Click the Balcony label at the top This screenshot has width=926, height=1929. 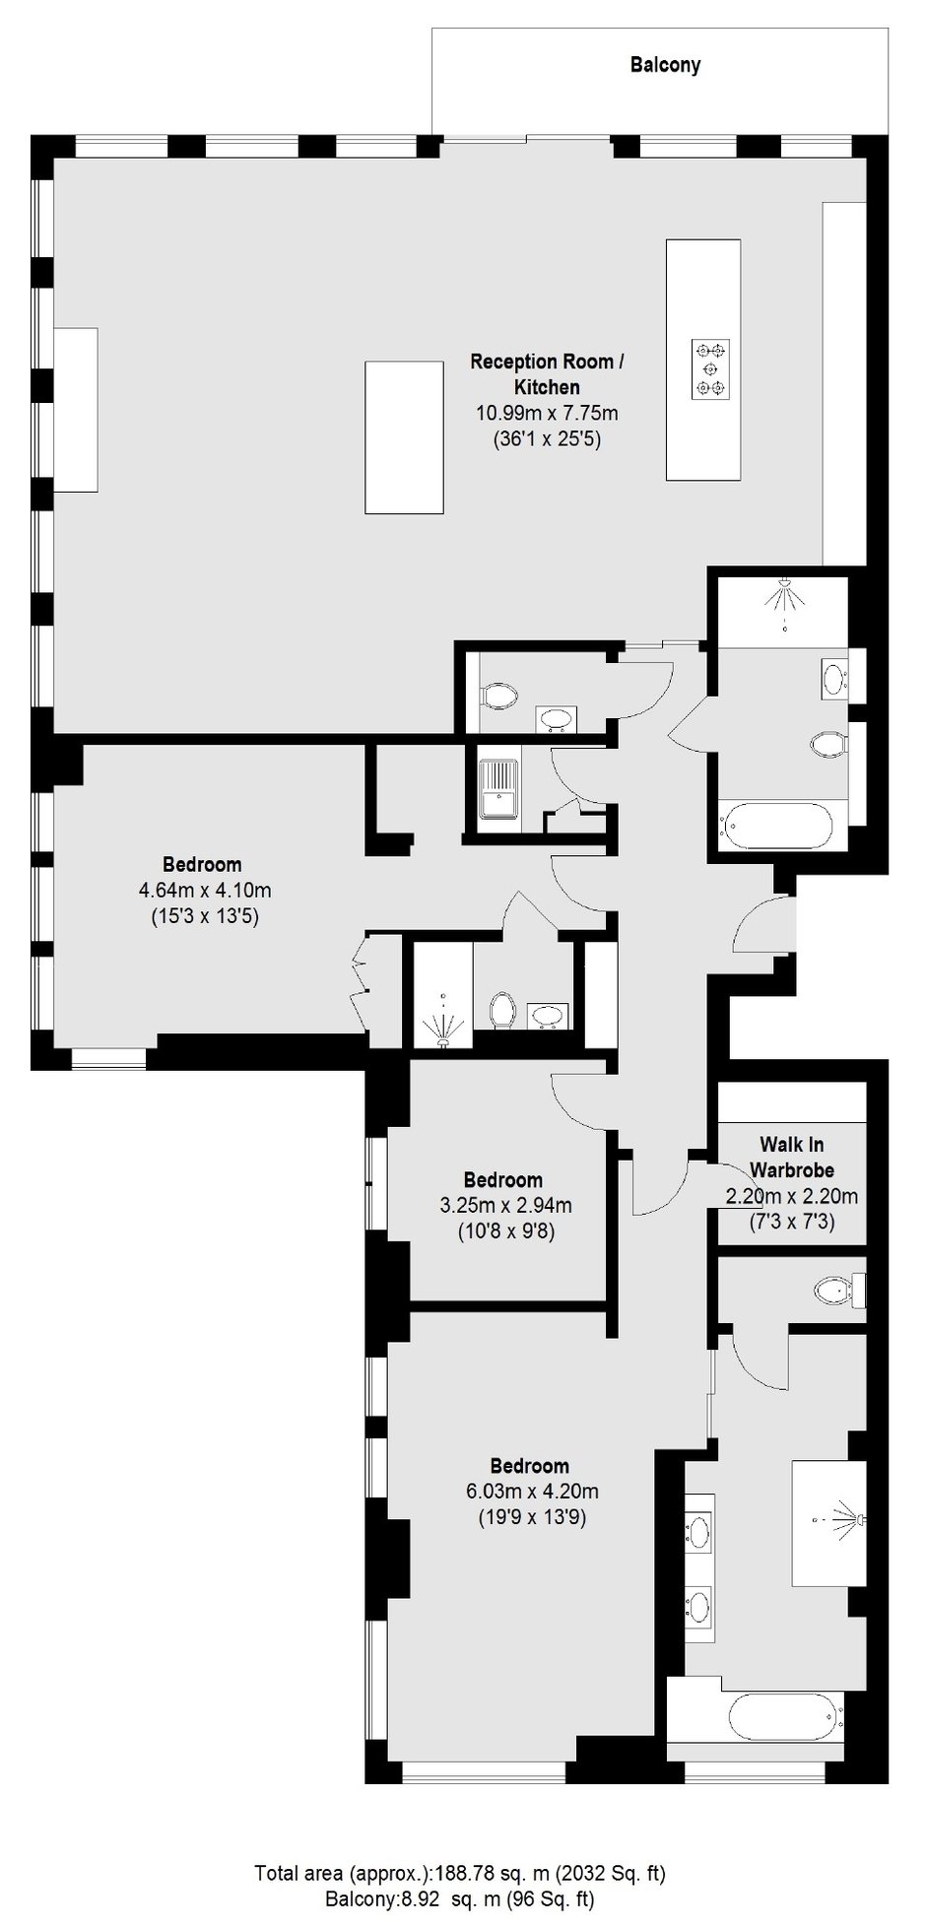coord(665,65)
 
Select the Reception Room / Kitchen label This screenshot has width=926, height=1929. coord(547,374)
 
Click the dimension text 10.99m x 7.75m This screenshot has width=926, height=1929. coord(547,413)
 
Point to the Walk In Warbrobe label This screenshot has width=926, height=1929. coord(792,1157)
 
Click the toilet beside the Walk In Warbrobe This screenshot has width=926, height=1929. coord(837,1289)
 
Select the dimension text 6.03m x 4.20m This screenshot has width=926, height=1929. coord(532,1491)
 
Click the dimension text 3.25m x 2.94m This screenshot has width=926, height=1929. coord(504,1205)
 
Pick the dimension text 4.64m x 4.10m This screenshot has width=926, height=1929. coord(205,891)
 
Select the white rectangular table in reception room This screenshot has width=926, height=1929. coord(404,436)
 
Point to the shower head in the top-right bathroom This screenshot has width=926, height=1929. coord(784,598)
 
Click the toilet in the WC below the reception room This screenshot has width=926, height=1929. coord(499,697)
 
